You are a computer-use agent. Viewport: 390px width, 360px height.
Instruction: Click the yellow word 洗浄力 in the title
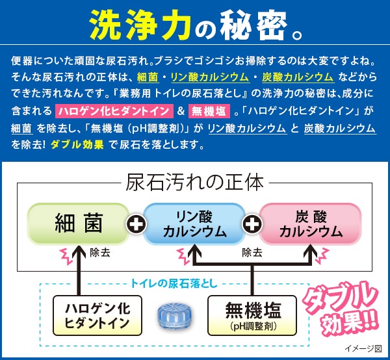pyautogui.click(x=140, y=25)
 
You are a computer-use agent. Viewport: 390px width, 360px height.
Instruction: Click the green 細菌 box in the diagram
pyautogui.click(x=79, y=224)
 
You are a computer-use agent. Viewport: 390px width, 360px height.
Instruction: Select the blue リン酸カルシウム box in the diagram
pyautogui.click(x=194, y=224)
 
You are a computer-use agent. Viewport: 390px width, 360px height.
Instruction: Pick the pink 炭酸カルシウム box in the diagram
pyautogui.click(x=311, y=224)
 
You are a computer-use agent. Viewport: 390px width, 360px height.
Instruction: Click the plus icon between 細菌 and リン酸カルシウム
pyautogui.click(x=136, y=224)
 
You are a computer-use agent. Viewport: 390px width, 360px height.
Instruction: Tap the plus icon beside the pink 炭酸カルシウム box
pyautogui.click(x=252, y=224)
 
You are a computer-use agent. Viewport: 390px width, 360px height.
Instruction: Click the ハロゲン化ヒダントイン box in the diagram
pyautogui.click(x=97, y=315)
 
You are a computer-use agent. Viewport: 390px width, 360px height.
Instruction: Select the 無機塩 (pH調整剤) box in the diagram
pyautogui.click(x=252, y=315)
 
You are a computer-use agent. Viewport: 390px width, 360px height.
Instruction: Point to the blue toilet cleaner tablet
pyautogui.click(x=175, y=315)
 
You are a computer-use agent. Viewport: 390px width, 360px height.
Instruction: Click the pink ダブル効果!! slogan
pyautogui.click(x=341, y=308)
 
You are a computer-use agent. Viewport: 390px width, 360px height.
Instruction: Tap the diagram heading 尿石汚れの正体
pyautogui.click(x=194, y=183)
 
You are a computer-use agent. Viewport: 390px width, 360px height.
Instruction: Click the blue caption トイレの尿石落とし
pyautogui.click(x=174, y=283)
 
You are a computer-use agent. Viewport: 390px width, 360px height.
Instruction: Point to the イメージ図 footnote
pyautogui.click(x=363, y=348)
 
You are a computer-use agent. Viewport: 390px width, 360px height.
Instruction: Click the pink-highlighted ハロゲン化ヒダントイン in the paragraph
pyautogui.click(x=114, y=111)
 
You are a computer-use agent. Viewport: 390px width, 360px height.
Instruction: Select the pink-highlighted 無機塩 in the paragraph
pyautogui.click(x=209, y=111)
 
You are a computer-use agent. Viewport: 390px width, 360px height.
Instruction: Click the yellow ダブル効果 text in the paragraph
pyautogui.click(x=77, y=144)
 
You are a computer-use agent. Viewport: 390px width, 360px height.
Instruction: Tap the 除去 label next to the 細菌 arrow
pyautogui.click(x=100, y=253)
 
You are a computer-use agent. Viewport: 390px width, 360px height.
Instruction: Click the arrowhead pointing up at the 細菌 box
pyautogui.click(x=79, y=251)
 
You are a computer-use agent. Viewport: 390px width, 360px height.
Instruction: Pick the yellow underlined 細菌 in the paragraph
pyautogui.click(x=148, y=77)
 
